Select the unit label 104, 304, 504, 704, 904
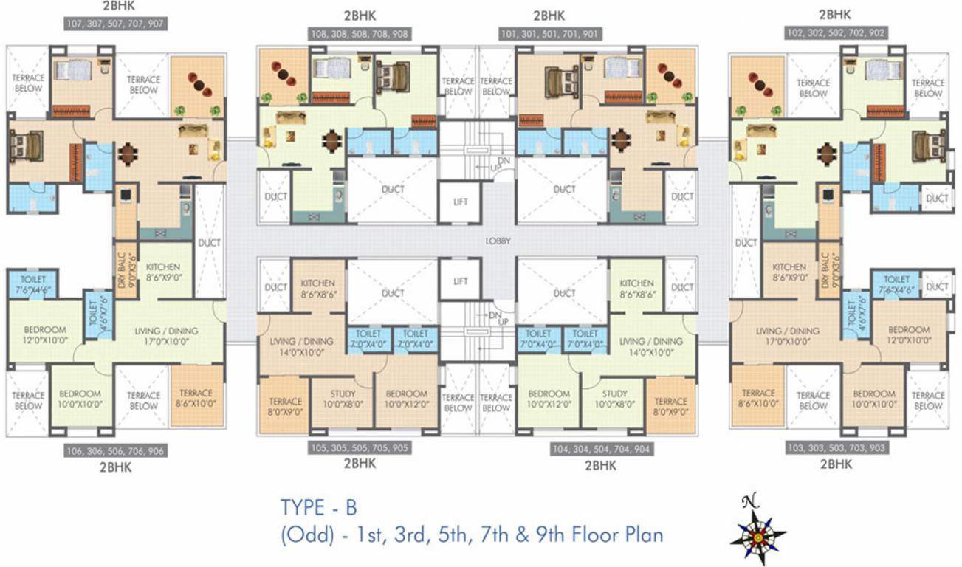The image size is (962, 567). click(x=601, y=449)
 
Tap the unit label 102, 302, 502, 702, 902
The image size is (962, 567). click(x=836, y=32)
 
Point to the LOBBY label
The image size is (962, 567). click(x=498, y=241)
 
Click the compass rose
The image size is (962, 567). click(x=757, y=531)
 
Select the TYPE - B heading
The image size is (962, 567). click(x=318, y=508)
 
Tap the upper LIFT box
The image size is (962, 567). click(x=461, y=202)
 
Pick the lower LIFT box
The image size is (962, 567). click(x=461, y=281)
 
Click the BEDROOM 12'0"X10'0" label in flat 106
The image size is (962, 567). click(x=35, y=335)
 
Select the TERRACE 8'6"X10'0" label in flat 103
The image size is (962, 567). click(x=758, y=399)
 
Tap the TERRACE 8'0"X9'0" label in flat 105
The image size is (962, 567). click(x=284, y=407)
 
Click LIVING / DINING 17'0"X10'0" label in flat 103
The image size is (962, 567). click(x=788, y=337)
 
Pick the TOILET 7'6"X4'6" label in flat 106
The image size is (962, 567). click(x=33, y=285)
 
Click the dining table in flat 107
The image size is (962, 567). click(x=128, y=154)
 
